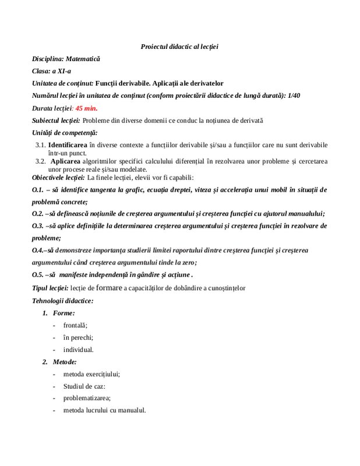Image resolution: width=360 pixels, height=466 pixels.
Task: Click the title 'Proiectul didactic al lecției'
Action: [x=179, y=46]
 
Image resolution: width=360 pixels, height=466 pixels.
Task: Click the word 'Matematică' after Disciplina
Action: [x=83, y=59]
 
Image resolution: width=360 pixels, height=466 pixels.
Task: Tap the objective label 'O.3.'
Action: [x=38, y=225]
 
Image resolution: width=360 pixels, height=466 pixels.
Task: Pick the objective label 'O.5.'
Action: [x=38, y=274]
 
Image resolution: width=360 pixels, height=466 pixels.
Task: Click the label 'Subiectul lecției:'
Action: [x=56, y=121]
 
